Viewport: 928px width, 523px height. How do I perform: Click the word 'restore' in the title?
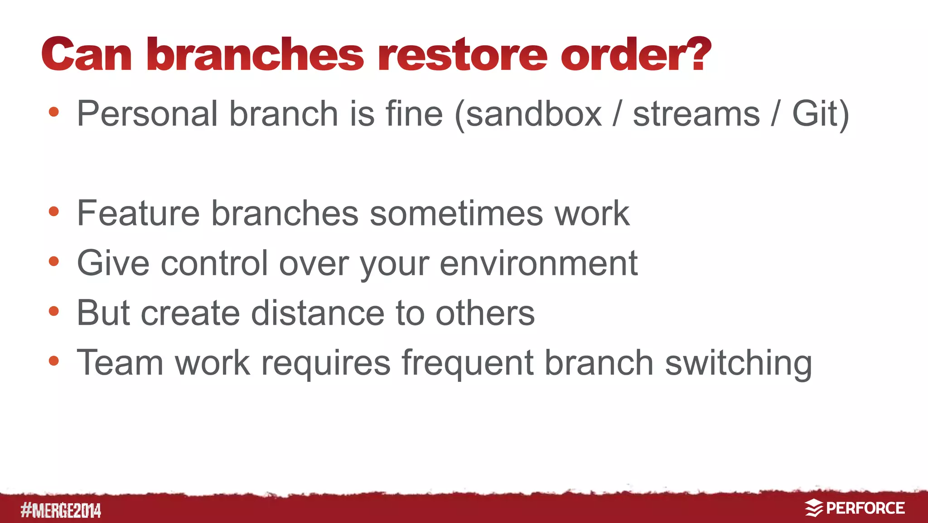pyautogui.click(x=463, y=55)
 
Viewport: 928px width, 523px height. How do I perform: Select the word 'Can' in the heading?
pyautogui.click(x=87, y=55)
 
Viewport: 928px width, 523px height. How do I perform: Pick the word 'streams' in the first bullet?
pyautogui.click(x=696, y=114)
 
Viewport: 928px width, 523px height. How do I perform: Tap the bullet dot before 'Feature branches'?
pyautogui.click(x=54, y=211)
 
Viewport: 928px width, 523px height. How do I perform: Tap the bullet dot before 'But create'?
pyautogui.click(x=54, y=311)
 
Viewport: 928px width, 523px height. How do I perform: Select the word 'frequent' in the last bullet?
pyautogui.click(x=467, y=364)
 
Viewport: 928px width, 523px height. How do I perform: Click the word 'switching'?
pyautogui.click(x=738, y=364)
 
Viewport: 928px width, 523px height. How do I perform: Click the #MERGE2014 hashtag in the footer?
pyautogui.click(x=61, y=510)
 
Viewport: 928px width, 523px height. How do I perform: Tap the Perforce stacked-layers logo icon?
pyautogui.click(x=814, y=508)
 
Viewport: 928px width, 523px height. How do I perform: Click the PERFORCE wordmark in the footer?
pyautogui.click(x=865, y=508)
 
